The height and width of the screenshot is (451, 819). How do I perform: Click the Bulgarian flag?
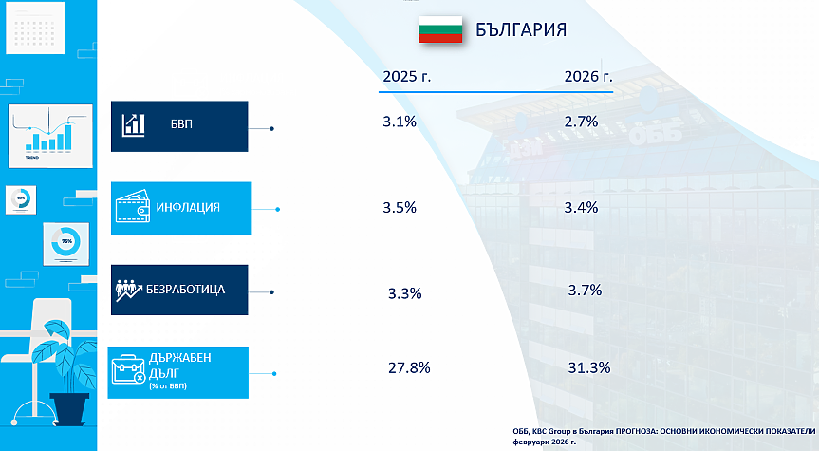tap(440, 29)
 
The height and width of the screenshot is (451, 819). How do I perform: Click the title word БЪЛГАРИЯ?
tap(521, 29)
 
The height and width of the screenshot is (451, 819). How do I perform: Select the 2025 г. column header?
tap(406, 76)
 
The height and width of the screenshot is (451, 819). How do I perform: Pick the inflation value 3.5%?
tap(400, 208)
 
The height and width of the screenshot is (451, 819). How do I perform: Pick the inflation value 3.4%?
tap(581, 207)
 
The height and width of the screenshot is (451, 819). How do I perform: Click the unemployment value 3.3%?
tap(404, 293)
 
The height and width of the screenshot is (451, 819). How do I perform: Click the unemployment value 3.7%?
tap(585, 291)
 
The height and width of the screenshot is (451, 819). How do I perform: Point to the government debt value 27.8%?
tap(410, 367)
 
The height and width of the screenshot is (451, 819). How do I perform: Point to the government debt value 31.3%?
tap(587, 367)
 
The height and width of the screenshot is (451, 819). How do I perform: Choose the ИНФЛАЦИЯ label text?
tap(189, 207)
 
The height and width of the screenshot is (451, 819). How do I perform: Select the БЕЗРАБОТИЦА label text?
tap(185, 289)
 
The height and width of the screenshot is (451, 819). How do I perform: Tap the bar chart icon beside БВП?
tap(133, 124)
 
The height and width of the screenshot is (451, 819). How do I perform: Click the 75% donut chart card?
tap(67, 242)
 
